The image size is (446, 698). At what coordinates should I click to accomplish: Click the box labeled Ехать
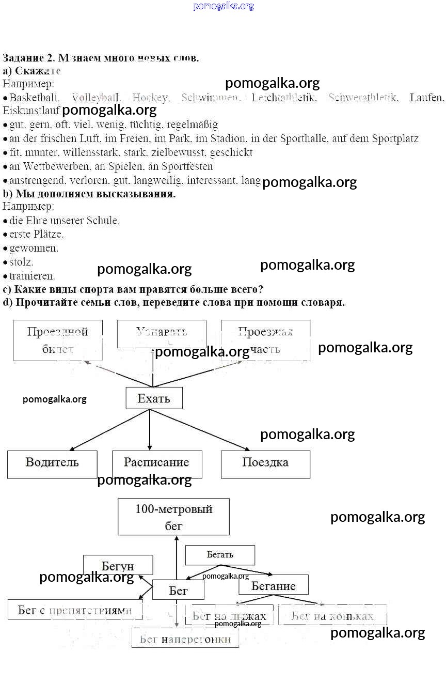click(x=154, y=398)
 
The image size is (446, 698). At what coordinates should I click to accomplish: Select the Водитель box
click(x=52, y=463)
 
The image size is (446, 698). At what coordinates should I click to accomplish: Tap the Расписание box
click(x=156, y=463)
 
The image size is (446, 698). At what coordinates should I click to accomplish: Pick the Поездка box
click(x=265, y=463)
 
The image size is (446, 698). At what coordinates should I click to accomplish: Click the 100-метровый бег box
click(x=173, y=517)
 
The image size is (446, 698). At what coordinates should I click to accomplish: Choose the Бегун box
click(x=118, y=565)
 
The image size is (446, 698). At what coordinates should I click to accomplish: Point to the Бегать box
click(x=220, y=555)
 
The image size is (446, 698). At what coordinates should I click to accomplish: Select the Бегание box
click(x=273, y=585)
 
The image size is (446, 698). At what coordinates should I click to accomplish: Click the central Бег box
click(x=178, y=590)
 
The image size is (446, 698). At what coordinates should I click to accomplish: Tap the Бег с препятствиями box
click(x=75, y=610)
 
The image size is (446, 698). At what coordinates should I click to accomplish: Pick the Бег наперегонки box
click(x=185, y=639)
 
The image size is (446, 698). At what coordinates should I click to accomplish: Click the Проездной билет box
click(x=57, y=340)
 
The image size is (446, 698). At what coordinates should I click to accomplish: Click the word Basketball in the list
click(x=35, y=97)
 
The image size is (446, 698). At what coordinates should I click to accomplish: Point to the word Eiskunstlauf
click(x=31, y=111)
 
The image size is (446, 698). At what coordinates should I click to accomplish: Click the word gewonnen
click(x=34, y=248)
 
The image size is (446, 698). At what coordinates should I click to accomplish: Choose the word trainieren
click(x=32, y=276)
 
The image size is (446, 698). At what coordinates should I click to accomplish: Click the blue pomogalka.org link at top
click(x=224, y=6)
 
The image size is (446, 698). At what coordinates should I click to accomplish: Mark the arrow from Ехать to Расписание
click(x=150, y=429)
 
